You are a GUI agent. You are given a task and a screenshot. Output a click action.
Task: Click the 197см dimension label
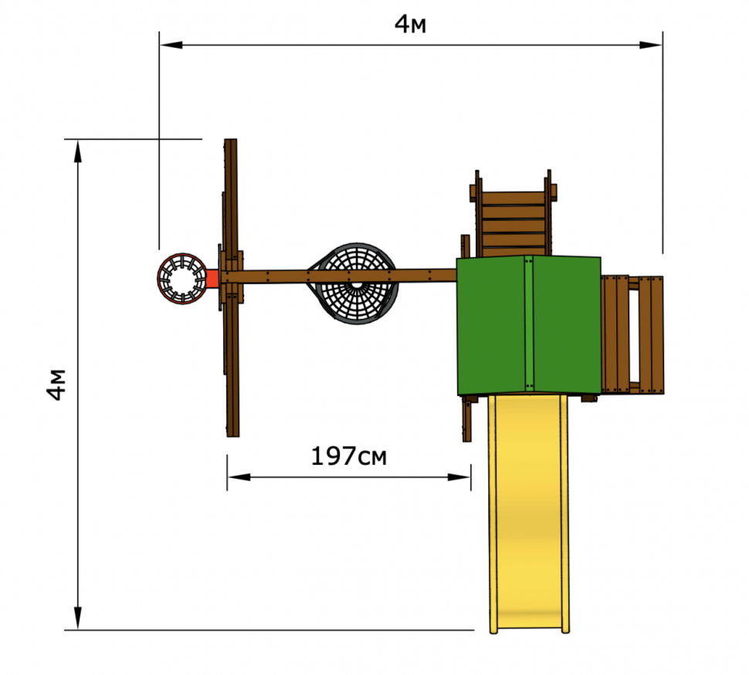point(349,456)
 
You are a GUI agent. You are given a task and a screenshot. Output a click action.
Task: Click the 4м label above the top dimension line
point(410,24)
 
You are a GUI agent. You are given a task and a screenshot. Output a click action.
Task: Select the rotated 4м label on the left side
point(56,384)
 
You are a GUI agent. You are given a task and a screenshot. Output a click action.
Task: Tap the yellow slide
point(529,514)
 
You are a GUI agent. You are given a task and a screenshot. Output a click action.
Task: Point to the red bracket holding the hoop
point(212,279)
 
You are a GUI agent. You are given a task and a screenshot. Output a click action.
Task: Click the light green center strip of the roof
point(528,324)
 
